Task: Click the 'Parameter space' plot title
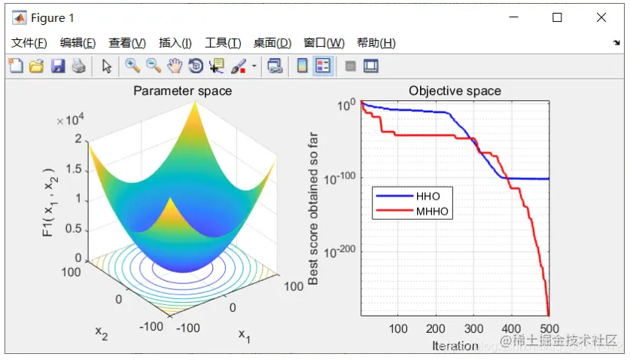point(182,91)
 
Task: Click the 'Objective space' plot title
point(455,91)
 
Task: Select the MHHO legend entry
point(433,212)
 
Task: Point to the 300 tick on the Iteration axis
point(474,329)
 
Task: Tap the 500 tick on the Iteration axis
point(549,329)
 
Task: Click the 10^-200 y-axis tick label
point(339,251)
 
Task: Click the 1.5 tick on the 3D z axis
point(73,169)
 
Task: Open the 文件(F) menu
point(29,43)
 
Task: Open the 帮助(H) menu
point(376,43)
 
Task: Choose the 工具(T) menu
point(223,43)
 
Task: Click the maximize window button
point(557,17)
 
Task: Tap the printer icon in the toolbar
point(78,66)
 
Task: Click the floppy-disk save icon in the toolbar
point(57,66)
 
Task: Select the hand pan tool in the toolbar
point(175,66)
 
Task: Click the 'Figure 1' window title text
point(53,17)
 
